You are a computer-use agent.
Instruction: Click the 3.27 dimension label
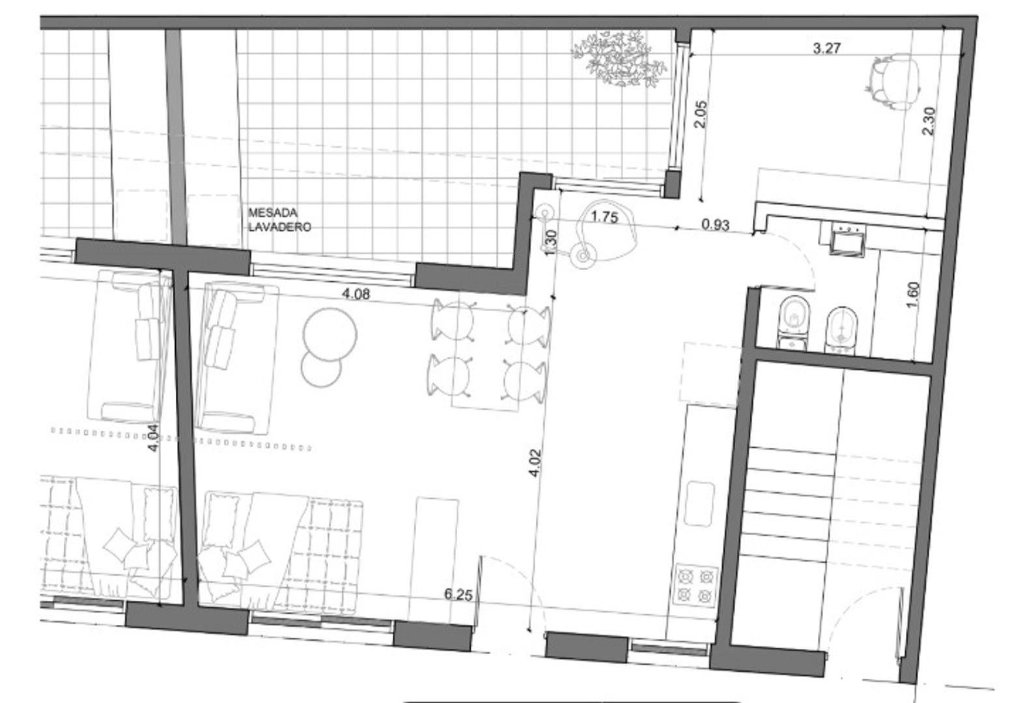pyautogui.click(x=827, y=48)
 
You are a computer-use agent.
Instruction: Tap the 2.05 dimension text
pyautogui.click(x=701, y=115)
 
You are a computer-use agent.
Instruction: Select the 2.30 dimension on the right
pyautogui.click(x=929, y=120)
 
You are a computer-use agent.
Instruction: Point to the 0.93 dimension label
pyautogui.click(x=715, y=225)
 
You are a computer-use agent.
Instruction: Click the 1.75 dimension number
pyautogui.click(x=604, y=217)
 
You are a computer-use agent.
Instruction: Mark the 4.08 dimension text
pyautogui.click(x=356, y=294)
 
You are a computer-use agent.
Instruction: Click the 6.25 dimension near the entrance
pyautogui.click(x=458, y=594)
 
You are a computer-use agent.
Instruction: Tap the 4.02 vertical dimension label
pyautogui.click(x=535, y=463)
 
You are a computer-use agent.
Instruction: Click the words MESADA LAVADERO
pyautogui.click(x=279, y=220)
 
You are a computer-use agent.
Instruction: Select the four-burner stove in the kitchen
pyautogui.click(x=696, y=585)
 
